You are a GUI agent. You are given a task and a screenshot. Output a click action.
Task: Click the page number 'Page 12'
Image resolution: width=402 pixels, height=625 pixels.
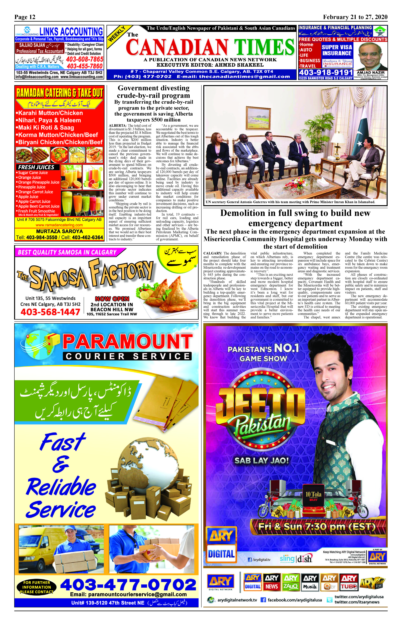click(x=25, y=17)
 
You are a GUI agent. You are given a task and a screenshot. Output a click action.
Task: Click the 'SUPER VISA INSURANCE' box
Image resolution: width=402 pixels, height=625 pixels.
click(x=337, y=50)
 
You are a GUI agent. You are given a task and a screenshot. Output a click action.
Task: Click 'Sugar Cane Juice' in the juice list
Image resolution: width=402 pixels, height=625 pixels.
click(x=33, y=173)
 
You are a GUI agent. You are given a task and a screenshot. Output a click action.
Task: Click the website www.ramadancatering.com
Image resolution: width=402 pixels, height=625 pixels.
click(x=59, y=225)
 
